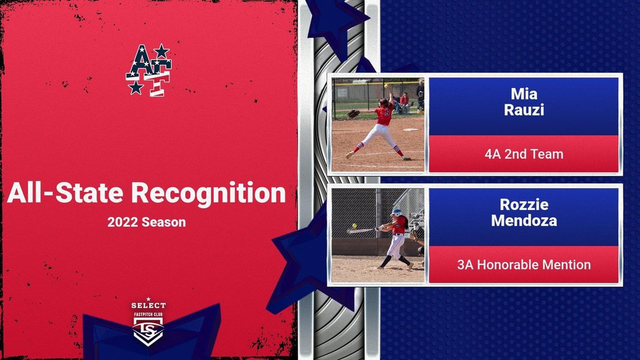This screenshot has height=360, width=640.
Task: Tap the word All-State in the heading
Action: point(65,192)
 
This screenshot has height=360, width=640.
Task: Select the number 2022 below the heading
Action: point(122,222)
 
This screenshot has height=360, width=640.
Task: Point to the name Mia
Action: point(524,94)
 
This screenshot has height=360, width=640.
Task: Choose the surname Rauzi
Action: point(524,110)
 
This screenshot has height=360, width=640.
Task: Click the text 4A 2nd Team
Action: point(524,154)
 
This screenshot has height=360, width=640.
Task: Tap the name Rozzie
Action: point(524,204)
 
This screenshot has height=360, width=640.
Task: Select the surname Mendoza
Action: point(524,220)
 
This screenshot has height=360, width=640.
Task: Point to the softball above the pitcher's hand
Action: point(386,86)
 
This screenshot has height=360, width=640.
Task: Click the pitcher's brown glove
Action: point(353,113)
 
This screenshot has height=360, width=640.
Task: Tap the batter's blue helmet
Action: point(396,212)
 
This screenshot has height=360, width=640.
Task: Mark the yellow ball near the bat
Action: point(354,226)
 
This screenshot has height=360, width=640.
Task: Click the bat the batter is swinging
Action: point(362,230)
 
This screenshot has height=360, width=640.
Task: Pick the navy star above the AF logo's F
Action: point(161,51)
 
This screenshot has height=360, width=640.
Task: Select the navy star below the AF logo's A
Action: point(136,87)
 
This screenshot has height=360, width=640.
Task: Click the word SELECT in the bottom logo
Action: point(149,305)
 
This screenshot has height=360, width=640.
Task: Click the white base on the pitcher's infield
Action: point(410,130)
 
